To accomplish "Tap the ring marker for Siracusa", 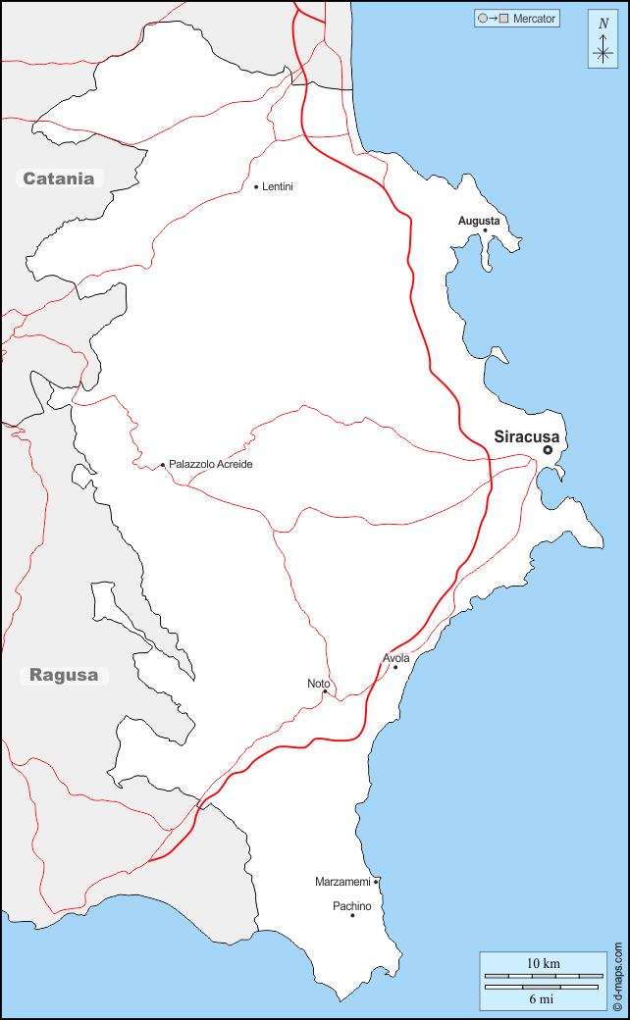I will (548, 450).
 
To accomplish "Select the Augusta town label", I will (479, 221).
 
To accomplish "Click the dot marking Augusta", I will (485, 230).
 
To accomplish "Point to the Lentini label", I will (278, 186).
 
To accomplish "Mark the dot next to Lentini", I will (256, 186).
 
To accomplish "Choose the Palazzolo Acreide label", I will (210, 464).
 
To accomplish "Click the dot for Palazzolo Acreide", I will (163, 465).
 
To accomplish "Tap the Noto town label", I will (318, 683).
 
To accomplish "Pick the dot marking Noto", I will (325, 691).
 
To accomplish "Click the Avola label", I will (396, 658).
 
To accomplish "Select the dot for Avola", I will (395, 668).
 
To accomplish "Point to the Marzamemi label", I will (342, 882).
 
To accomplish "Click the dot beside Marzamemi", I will (376, 882).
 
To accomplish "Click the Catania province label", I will (59, 178).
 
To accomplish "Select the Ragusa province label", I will (64, 675).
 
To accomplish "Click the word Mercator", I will (534, 19).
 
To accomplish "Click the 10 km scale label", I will (543, 963).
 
